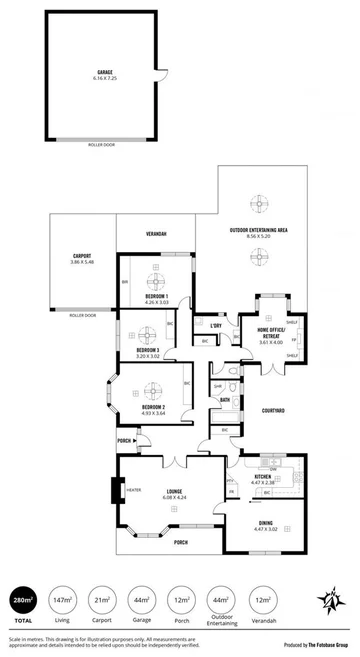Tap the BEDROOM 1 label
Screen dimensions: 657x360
(x=155, y=297)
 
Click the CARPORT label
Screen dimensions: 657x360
(x=82, y=257)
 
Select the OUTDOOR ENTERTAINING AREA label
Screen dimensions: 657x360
(x=258, y=230)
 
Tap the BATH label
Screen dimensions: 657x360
(x=226, y=400)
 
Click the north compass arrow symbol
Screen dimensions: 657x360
(x=331, y=601)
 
